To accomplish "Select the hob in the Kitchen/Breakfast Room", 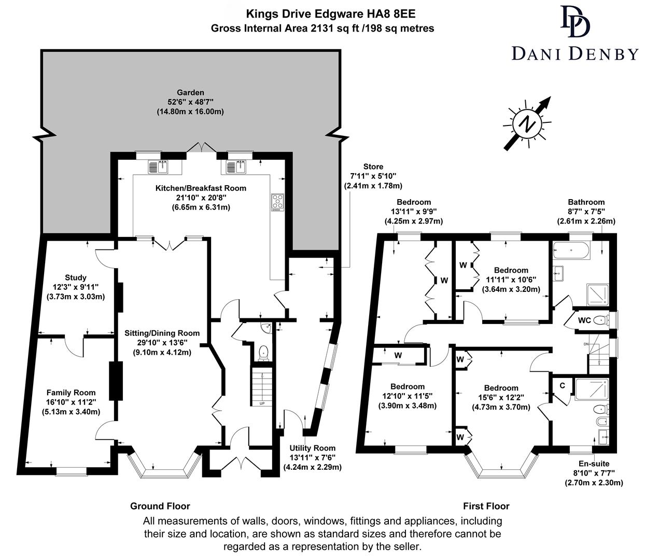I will (x=277, y=202).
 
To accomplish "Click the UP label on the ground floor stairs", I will (x=262, y=403).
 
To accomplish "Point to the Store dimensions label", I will (x=373, y=176).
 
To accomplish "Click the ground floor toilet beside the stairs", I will (x=263, y=353).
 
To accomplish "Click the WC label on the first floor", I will (x=584, y=320).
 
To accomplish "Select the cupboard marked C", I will (x=562, y=386).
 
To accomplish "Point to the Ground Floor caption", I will (x=160, y=506).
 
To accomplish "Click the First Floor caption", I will (x=486, y=506).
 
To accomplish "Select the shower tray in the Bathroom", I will (x=598, y=294).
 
